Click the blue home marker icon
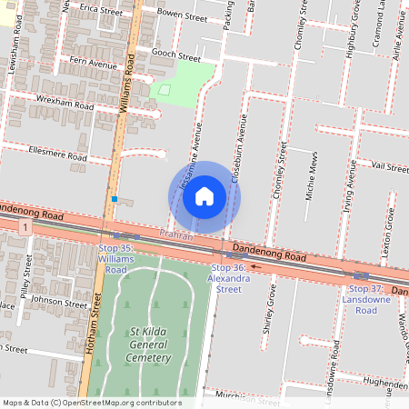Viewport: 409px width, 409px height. pyautogui.click(x=204, y=196)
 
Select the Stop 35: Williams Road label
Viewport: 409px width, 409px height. pyautogui.click(x=115, y=258)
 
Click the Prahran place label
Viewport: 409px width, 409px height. pyautogui.click(x=176, y=235)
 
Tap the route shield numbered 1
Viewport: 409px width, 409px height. pyautogui.click(x=30, y=224)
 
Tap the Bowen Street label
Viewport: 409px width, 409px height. pyautogui.click(x=183, y=15)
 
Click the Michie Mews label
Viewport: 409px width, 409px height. pyautogui.click(x=311, y=176)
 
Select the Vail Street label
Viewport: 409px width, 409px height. pyautogui.click(x=391, y=166)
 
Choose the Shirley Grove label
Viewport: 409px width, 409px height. pyautogui.click(x=269, y=310)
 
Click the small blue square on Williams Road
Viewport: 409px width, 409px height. pyautogui.click(x=115, y=198)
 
